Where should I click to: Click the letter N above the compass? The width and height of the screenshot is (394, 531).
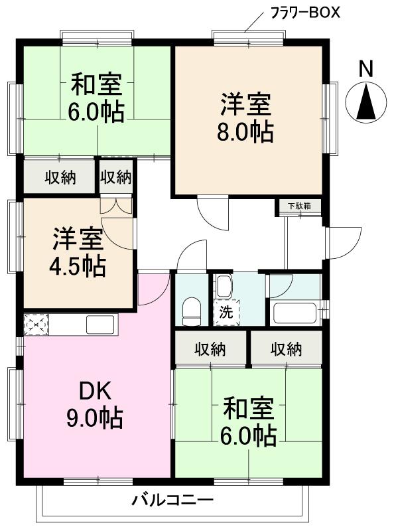[365, 68]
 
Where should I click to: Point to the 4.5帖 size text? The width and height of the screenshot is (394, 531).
[78, 266]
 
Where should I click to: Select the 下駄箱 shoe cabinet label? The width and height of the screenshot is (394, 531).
[298, 206]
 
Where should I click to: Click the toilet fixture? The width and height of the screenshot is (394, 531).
[192, 310]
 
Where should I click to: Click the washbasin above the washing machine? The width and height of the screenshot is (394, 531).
[224, 287]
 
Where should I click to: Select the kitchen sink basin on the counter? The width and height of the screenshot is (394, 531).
[99, 325]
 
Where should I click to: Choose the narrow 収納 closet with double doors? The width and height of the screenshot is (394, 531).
[116, 177]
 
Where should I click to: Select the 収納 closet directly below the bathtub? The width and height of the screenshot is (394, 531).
[286, 349]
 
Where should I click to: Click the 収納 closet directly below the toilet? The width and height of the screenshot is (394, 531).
[210, 349]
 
